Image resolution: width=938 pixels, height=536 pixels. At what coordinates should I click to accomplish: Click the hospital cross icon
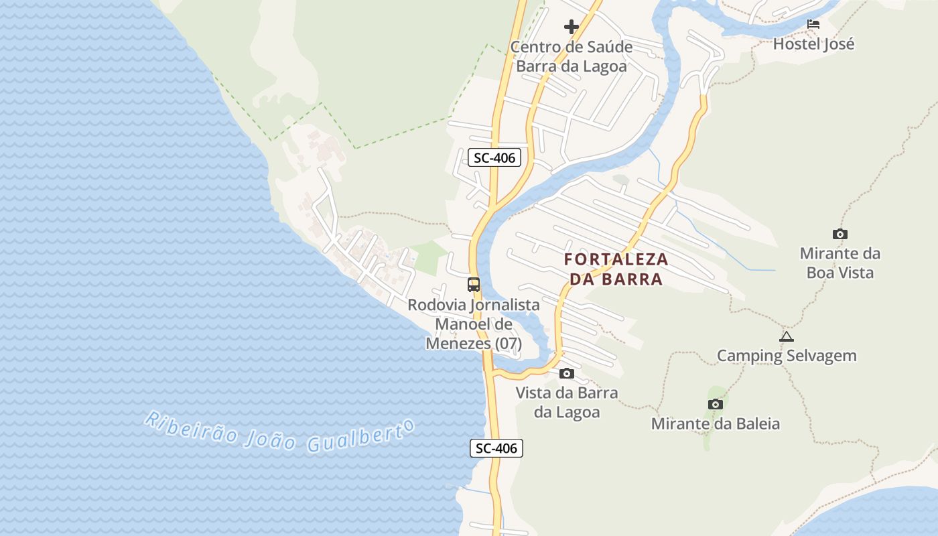pyautogui.click(x=572, y=27)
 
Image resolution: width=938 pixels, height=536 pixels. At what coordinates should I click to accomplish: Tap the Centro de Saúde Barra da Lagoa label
pyautogui.click(x=572, y=57)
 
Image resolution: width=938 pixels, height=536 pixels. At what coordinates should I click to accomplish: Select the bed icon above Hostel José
pyautogui.click(x=813, y=24)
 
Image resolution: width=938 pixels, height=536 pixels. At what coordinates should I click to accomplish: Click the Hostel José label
pyautogui.click(x=813, y=44)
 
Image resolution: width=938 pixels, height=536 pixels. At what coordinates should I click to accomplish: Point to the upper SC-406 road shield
pyautogui.click(x=495, y=158)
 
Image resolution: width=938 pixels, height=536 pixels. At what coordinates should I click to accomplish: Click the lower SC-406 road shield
pyautogui.click(x=496, y=448)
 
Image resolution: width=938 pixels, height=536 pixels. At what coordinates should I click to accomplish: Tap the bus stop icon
pyautogui.click(x=474, y=284)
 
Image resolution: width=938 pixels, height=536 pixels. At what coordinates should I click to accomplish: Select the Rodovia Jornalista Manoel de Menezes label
pyautogui.click(x=474, y=324)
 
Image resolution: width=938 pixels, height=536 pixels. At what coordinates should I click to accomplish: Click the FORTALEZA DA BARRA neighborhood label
pyautogui.click(x=616, y=269)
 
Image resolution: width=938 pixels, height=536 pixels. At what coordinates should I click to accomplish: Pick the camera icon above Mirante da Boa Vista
pyautogui.click(x=840, y=234)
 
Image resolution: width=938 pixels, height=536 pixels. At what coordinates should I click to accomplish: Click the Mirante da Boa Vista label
pyautogui.click(x=840, y=263)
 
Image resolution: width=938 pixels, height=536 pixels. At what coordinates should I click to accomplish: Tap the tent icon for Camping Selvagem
pyautogui.click(x=787, y=336)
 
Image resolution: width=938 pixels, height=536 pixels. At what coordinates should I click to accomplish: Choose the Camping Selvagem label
pyautogui.click(x=787, y=356)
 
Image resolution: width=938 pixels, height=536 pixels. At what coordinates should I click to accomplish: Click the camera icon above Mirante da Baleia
pyautogui.click(x=716, y=404)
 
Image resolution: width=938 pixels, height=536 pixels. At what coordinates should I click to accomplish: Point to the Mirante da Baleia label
pyautogui.click(x=716, y=424)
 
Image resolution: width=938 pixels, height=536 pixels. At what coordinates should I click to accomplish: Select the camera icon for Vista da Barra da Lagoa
pyautogui.click(x=567, y=373)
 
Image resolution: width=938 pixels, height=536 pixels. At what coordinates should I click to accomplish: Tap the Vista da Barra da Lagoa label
pyautogui.click(x=567, y=402)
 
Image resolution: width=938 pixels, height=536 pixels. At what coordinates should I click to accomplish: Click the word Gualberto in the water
pyautogui.click(x=359, y=437)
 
